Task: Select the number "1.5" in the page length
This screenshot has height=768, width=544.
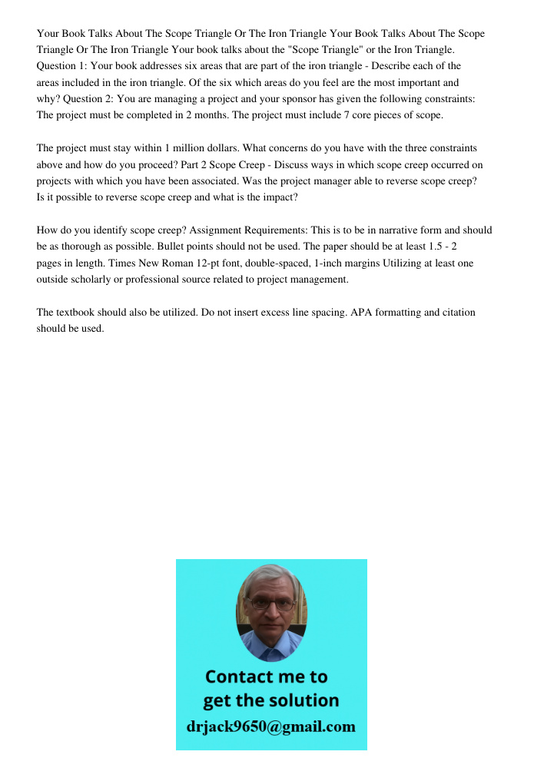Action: coord(436,247)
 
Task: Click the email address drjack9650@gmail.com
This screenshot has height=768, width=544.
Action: coord(270,727)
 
